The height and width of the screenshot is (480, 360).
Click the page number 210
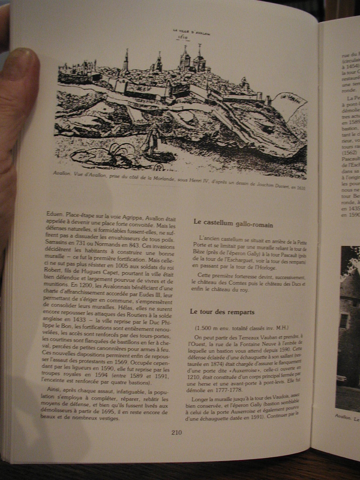coord(176,432)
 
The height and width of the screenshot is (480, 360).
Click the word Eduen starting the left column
coord(54,216)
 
